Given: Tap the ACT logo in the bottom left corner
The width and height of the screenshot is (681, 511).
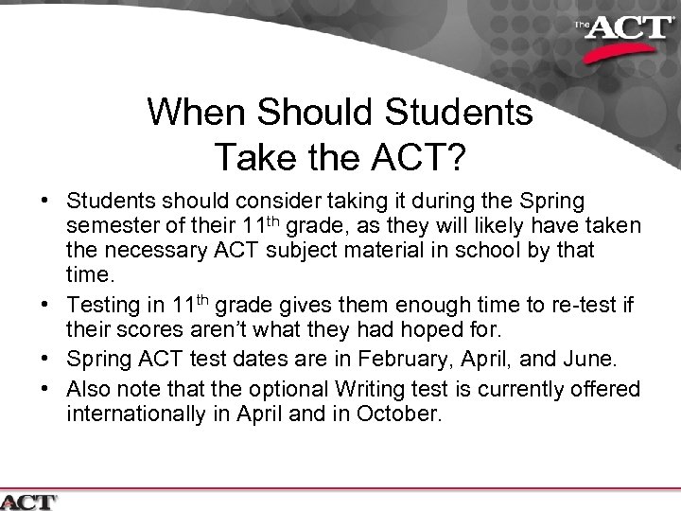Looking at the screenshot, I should coord(29,502).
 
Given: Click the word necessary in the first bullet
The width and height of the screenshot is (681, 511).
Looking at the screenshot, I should coord(148,252).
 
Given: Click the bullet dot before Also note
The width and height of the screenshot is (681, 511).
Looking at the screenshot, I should coord(45,389).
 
